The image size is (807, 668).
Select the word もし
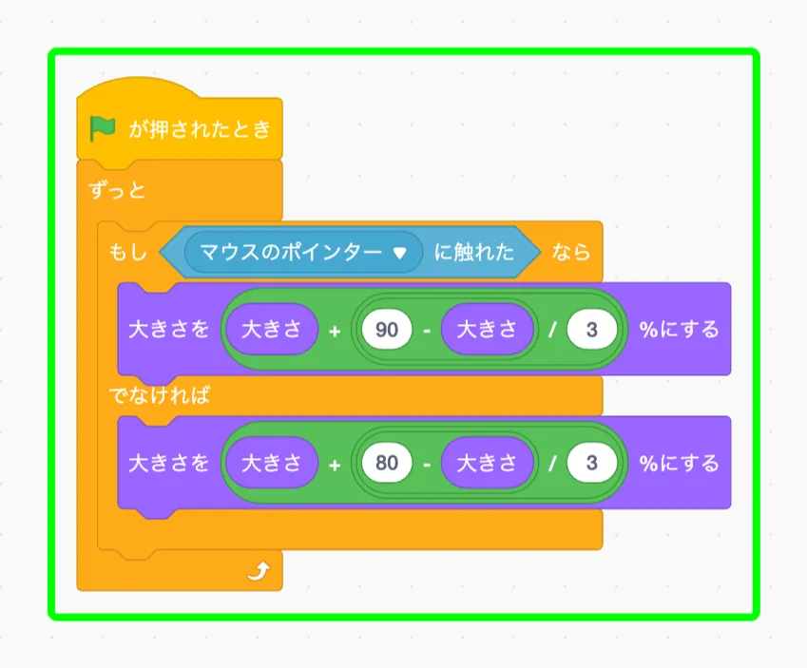pos(127,252)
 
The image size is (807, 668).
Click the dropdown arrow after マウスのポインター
pos(400,253)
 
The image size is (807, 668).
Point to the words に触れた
pos(474,252)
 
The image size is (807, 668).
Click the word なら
pos(570,252)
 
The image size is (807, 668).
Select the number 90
pos(386,330)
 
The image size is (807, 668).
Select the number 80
pos(386,463)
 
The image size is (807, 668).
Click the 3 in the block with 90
pos(592,330)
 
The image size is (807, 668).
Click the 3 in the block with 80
pos(592,463)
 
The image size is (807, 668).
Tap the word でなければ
pos(159,396)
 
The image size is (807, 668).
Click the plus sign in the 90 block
pos(335,331)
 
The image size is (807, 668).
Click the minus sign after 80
pos(427,464)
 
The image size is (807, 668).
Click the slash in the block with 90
pos(551,331)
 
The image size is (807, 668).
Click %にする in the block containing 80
pos(678,463)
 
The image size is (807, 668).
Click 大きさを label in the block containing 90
pos(168,330)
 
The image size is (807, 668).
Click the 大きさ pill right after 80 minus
pos(486,463)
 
